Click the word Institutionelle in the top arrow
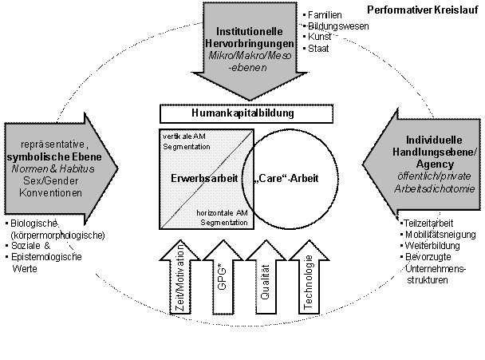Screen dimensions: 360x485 click(249, 31)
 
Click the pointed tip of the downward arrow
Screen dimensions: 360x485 click(249, 97)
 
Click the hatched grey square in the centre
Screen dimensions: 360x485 click(191, 178)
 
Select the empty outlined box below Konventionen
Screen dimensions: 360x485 click(59, 247)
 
